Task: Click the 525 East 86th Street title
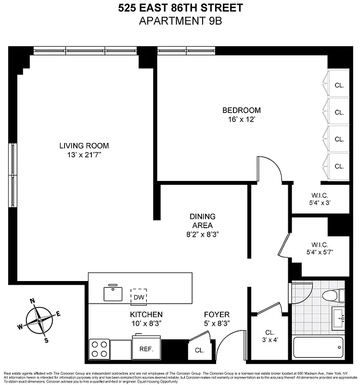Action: click(180, 8)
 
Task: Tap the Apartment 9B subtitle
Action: click(180, 21)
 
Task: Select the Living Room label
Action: click(84, 145)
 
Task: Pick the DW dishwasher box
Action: click(139, 296)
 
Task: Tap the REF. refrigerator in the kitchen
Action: click(146, 348)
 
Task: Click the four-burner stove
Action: click(99, 348)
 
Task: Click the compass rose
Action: click(40, 320)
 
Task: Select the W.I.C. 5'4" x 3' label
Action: click(321, 199)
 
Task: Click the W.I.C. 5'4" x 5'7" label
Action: click(320, 247)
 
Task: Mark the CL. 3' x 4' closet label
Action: click(270, 335)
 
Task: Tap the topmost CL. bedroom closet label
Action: click(339, 86)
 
